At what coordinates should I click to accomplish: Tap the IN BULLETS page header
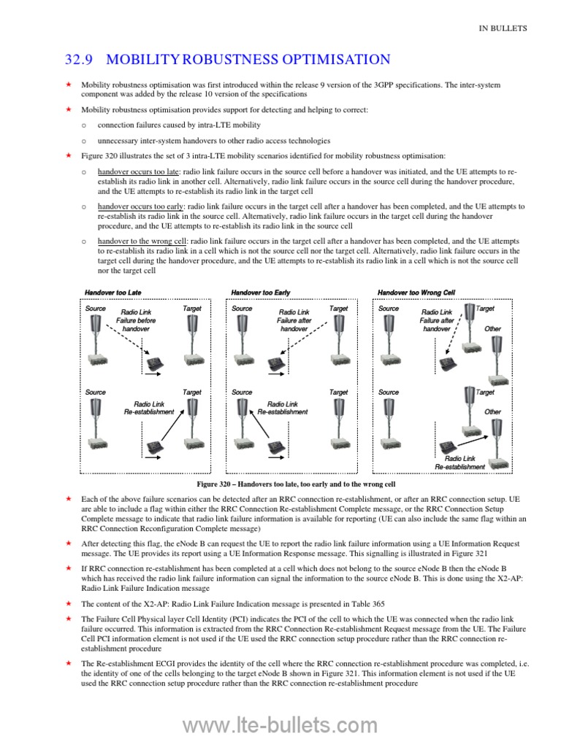click(503, 28)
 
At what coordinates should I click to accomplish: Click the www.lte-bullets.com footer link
click(280, 725)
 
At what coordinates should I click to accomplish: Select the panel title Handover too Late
click(113, 293)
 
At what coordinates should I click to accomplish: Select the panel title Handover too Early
click(261, 293)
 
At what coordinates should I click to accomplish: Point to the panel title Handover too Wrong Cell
click(416, 293)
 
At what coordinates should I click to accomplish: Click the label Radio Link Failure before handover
click(136, 320)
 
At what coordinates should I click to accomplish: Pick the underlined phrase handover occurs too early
click(142, 206)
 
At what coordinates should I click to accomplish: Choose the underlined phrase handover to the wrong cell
click(143, 241)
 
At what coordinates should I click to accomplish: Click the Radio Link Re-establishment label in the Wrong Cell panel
click(459, 462)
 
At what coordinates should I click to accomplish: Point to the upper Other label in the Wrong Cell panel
click(492, 329)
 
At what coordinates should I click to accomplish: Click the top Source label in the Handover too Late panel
click(96, 309)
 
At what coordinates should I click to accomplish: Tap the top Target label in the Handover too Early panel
click(338, 309)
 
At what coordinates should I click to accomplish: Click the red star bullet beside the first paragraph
click(66, 85)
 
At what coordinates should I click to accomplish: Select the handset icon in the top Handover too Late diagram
click(155, 362)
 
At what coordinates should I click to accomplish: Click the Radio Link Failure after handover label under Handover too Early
click(294, 320)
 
